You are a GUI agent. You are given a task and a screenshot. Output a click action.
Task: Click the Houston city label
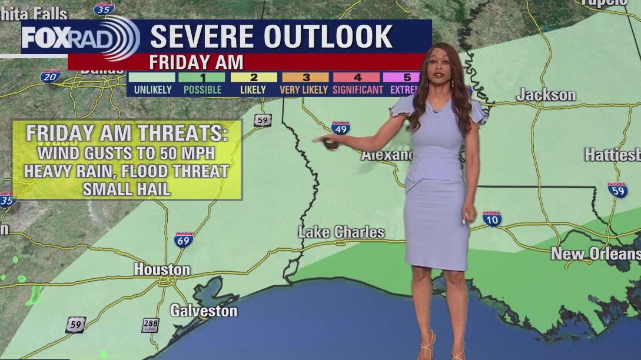pyautogui.click(x=162, y=270)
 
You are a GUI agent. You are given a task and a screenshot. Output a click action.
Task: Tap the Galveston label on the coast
pyautogui.click(x=204, y=311)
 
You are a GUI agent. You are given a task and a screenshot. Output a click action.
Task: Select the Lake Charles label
pyautogui.click(x=341, y=232)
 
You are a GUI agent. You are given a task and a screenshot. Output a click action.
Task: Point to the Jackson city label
pyautogui.click(x=546, y=95)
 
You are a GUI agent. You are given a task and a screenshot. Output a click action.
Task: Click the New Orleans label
pyautogui.click(x=595, y=254)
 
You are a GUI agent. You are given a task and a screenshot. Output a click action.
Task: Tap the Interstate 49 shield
pyautogui.click(x=340, y=127)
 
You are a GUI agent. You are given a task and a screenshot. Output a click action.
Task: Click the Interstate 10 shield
pyautogui.click(x=492, y=219)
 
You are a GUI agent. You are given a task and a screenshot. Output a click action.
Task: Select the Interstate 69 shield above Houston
pyautogui.click(x=184, y=239)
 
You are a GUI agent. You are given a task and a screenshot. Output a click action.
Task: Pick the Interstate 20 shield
pyautogui.click(x=51, y=76)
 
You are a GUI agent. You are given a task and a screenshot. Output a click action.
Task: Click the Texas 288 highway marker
pyautogui.click(x=150, y=325)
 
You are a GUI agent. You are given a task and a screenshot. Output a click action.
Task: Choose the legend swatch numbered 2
pyautogui.click(x=254, y=77)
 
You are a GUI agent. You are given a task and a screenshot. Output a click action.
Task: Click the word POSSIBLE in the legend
pyautogui.click(x=202, y=90)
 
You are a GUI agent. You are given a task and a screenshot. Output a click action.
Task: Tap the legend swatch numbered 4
pyautogui.click(x=356, y=77)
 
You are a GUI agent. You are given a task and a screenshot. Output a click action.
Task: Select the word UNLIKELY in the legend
pyautogui.click(x=152, y=90)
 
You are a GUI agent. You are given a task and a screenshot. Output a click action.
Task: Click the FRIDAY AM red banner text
pyautogui.click(x=196, y=62)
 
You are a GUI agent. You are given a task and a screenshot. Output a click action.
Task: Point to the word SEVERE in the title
pyautogui.click(x=203, y=36)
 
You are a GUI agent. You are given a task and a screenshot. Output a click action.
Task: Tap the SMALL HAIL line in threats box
pyautogui.click(x=127, y=189)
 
